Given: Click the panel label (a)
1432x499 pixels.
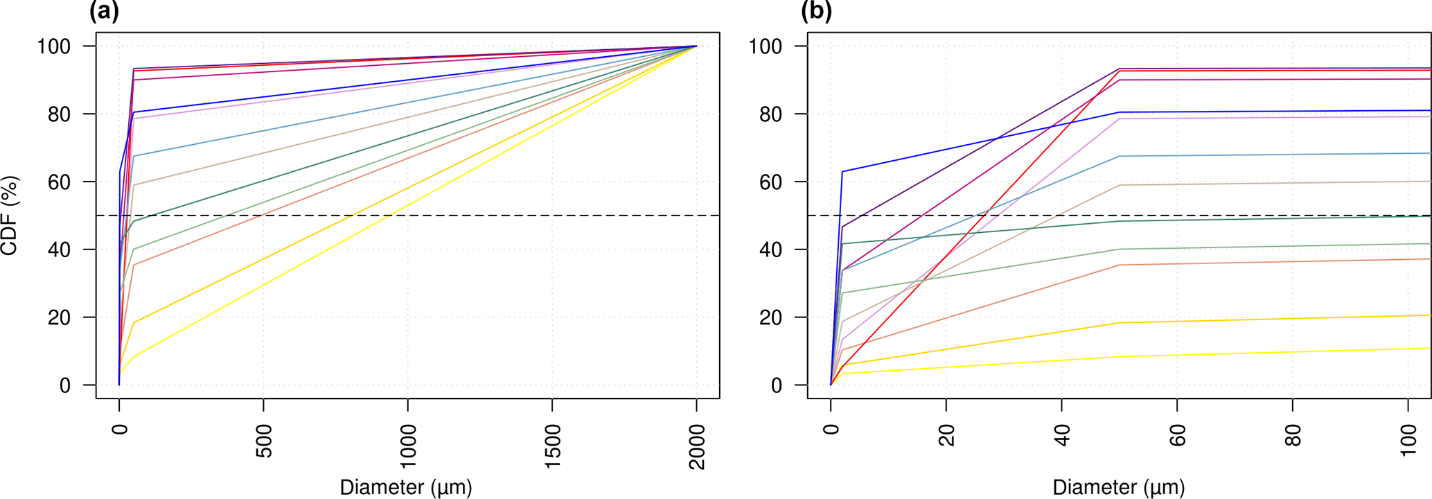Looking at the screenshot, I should tap(104, 12).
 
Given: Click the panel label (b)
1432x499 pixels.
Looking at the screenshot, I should tap(816, 12).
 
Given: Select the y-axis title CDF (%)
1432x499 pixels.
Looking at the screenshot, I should tap(10, 216).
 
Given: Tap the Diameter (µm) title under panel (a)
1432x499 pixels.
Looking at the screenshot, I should tap(406, 487).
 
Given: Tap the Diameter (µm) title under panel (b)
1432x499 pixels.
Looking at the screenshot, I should tap(1119, 487).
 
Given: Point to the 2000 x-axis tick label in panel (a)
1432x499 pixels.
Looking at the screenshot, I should tap(697, 447).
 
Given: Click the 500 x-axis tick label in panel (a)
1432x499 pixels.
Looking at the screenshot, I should tap(264, 441).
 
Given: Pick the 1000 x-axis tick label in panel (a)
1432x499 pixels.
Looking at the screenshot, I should tap(408, 447).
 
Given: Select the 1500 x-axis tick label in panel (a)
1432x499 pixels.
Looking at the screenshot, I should tap(553, 447).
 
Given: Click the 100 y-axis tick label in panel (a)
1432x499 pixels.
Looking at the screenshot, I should tap(54, 46).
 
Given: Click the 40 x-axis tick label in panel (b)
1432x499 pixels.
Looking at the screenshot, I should tap(1062, 436).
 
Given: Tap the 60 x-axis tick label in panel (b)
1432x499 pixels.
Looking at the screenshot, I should tap(1178, 436).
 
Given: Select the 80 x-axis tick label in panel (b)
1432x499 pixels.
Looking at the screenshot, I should tap(1293, 436).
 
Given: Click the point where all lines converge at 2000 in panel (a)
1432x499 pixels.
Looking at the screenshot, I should tap(696, 46).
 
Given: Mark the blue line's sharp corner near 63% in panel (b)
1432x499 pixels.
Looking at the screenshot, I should tap(842, 171).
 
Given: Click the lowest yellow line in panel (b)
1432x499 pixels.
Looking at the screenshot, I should tap(1178, 355).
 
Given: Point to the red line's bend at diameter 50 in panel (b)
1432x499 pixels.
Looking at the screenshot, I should tap(1120, 71).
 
